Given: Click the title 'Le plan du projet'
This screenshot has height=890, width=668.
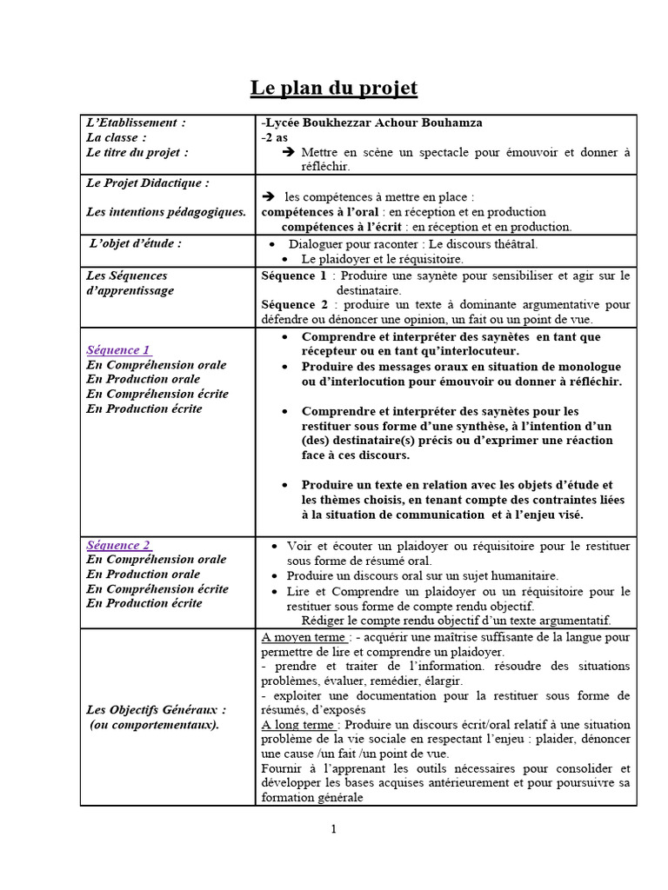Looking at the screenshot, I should pos(334,88).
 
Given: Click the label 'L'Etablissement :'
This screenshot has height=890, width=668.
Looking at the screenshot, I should pos(136,123).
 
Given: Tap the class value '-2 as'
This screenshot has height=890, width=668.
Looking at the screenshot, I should pos(275,138).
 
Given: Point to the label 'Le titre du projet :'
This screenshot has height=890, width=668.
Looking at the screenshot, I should pos(137,152).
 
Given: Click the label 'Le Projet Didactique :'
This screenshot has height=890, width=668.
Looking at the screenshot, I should pos(148,183).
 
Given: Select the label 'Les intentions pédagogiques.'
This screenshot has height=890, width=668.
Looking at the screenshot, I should pos(166,211).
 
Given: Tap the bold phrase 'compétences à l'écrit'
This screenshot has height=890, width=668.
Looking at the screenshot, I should pos(337,227).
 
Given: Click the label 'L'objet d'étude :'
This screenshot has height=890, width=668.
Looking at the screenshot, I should pos(136,243).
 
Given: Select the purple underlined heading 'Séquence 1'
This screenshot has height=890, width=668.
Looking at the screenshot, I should pos(118,350).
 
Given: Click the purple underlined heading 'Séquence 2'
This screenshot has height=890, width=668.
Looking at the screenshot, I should pos(118,545).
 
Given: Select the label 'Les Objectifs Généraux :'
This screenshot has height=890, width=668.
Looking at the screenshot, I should pos(157,709).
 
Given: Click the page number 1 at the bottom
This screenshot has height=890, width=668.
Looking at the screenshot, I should pos(333,829).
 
